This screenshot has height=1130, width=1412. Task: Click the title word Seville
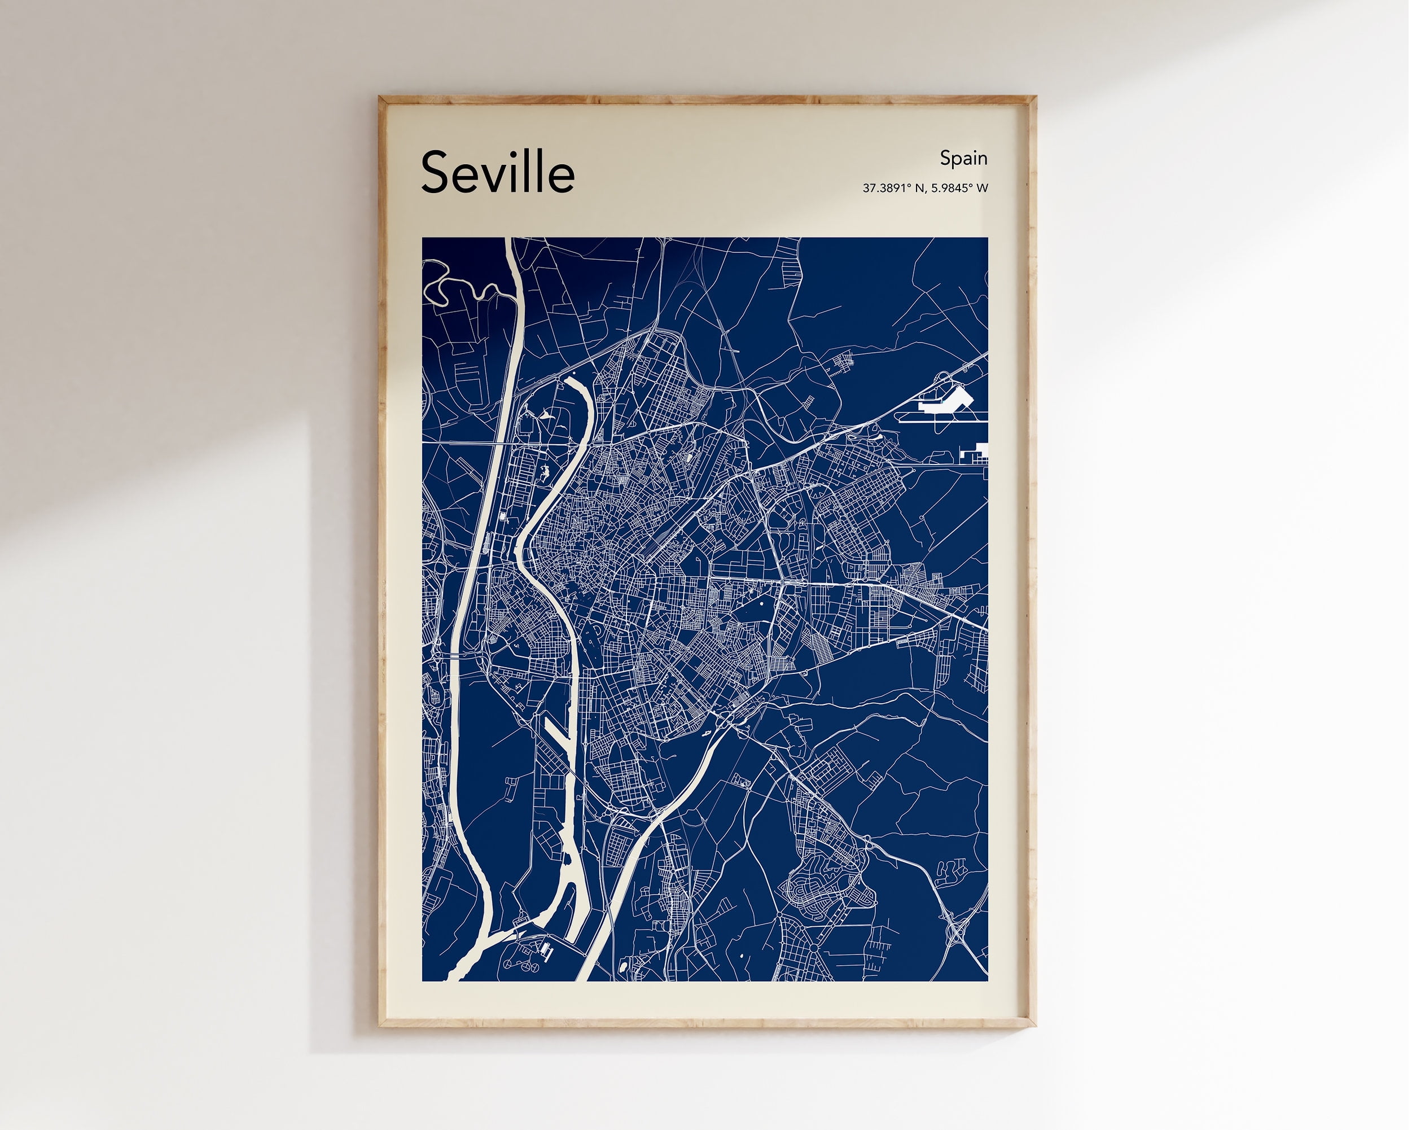498,172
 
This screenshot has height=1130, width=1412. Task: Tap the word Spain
963,159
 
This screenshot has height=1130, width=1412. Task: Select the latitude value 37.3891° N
893,189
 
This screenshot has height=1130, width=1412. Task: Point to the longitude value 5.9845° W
959,189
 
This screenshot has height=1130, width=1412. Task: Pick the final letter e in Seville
562,179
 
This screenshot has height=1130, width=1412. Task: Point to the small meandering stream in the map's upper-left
458,285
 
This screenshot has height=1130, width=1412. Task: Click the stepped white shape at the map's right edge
976,452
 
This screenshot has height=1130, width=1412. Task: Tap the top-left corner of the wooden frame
380,98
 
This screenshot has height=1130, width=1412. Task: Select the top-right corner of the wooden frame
1035,98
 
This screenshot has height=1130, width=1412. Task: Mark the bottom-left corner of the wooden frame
380,1025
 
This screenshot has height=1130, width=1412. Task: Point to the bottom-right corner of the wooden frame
1035,1025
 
